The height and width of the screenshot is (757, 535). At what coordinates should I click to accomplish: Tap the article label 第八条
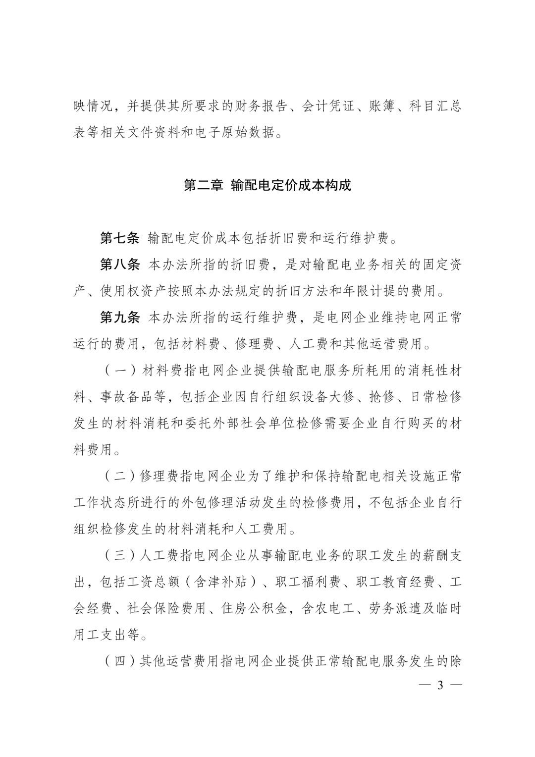tap(120, 265)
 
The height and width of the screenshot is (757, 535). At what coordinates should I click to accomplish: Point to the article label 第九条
tap(120, 318)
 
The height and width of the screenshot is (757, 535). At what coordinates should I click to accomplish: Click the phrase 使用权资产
tap(133, 291)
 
